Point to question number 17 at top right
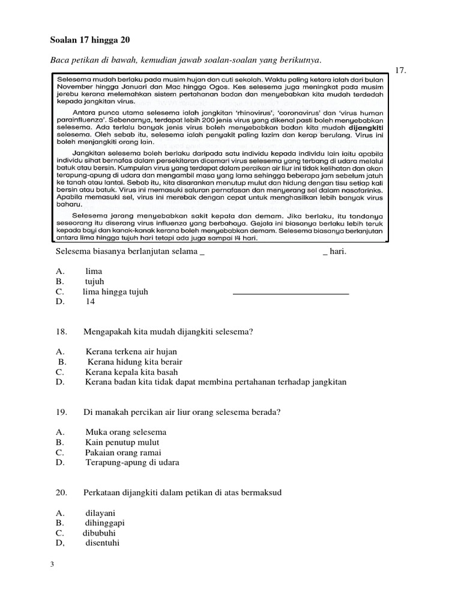coord(402,71)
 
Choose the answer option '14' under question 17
coord(90,302)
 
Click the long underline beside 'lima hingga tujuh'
coord(291,294)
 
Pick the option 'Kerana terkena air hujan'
coord(131,352)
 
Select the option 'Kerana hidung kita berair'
coord(134,362)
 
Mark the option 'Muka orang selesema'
coord(125,432)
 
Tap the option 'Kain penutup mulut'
coord(122,443)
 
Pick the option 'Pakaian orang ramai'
coord(123,453)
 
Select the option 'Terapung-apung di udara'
coord(132,463)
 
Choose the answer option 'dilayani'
coord(100,513)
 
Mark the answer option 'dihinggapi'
coord(105,523)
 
